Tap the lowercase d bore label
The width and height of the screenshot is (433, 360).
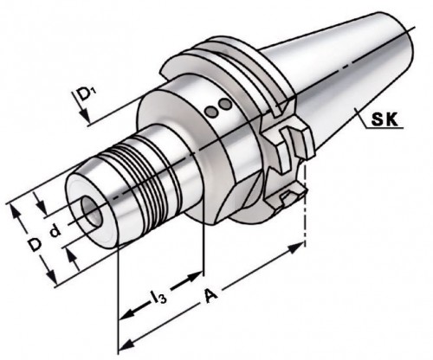[54, 232]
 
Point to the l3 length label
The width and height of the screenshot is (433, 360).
[158, 299]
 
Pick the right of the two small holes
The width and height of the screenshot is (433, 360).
[225, 105]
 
